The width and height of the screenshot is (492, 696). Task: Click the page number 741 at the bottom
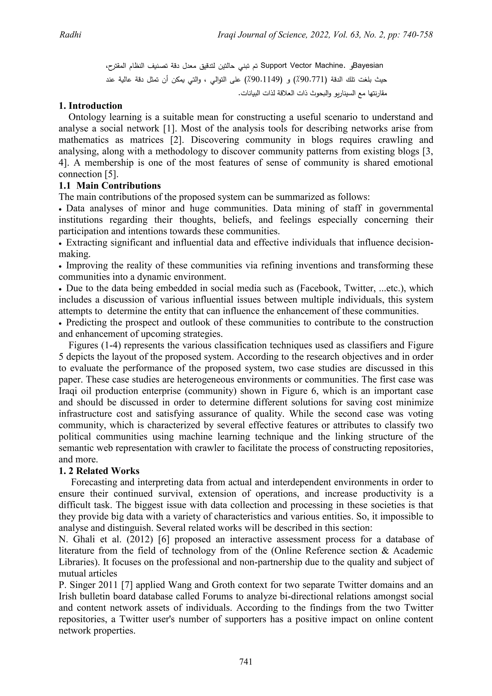246,662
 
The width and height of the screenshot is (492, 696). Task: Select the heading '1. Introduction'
90,106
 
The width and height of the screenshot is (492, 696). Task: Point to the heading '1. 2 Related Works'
99,471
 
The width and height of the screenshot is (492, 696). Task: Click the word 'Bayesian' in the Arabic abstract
368,65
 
